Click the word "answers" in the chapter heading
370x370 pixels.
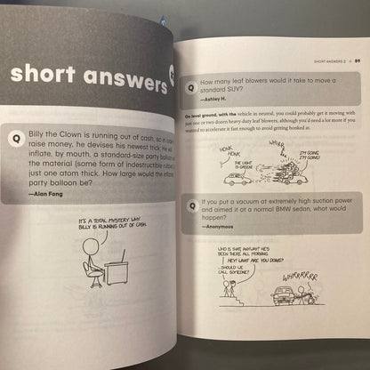click(116, 78)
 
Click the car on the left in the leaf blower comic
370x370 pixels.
click(237, 177)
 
